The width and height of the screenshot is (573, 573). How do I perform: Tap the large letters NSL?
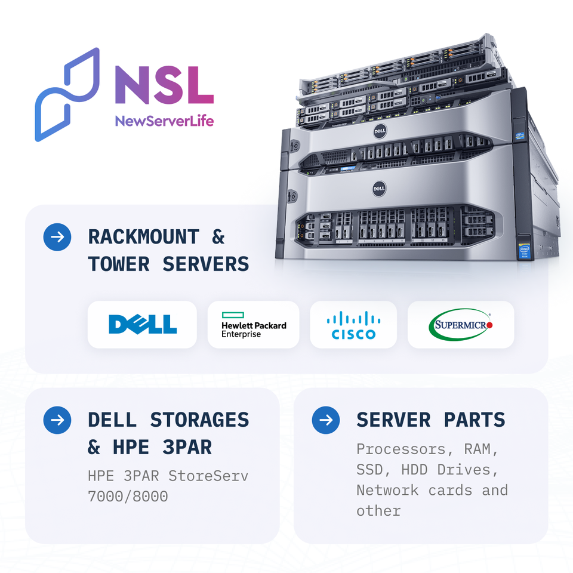[x=164, y=85]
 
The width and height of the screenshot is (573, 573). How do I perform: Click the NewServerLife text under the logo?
[x=164, y=122]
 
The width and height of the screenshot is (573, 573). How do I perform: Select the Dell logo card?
[x=142, y=324]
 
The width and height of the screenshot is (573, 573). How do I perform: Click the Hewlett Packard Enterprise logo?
[x=253, y=324]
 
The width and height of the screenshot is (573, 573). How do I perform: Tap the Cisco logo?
[x=353, y=324]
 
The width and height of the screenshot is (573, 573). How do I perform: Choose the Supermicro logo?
[x=460, y=324]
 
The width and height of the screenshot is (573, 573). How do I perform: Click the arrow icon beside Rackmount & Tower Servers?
[x=57, y=237]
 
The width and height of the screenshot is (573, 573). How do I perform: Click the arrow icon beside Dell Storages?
[x=57, y=420]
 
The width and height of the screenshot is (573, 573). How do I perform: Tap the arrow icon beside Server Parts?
[x=326, y=420]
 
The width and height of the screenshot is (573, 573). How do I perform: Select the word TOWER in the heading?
[x=118, y=264]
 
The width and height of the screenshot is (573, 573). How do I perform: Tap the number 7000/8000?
[x=127, y=497]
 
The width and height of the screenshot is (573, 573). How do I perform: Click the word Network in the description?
[x=387, y=490]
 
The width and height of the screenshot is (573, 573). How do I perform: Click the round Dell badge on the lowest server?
[x=378, y=189]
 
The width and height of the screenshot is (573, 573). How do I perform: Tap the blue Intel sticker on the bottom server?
[x=523, y=248]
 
